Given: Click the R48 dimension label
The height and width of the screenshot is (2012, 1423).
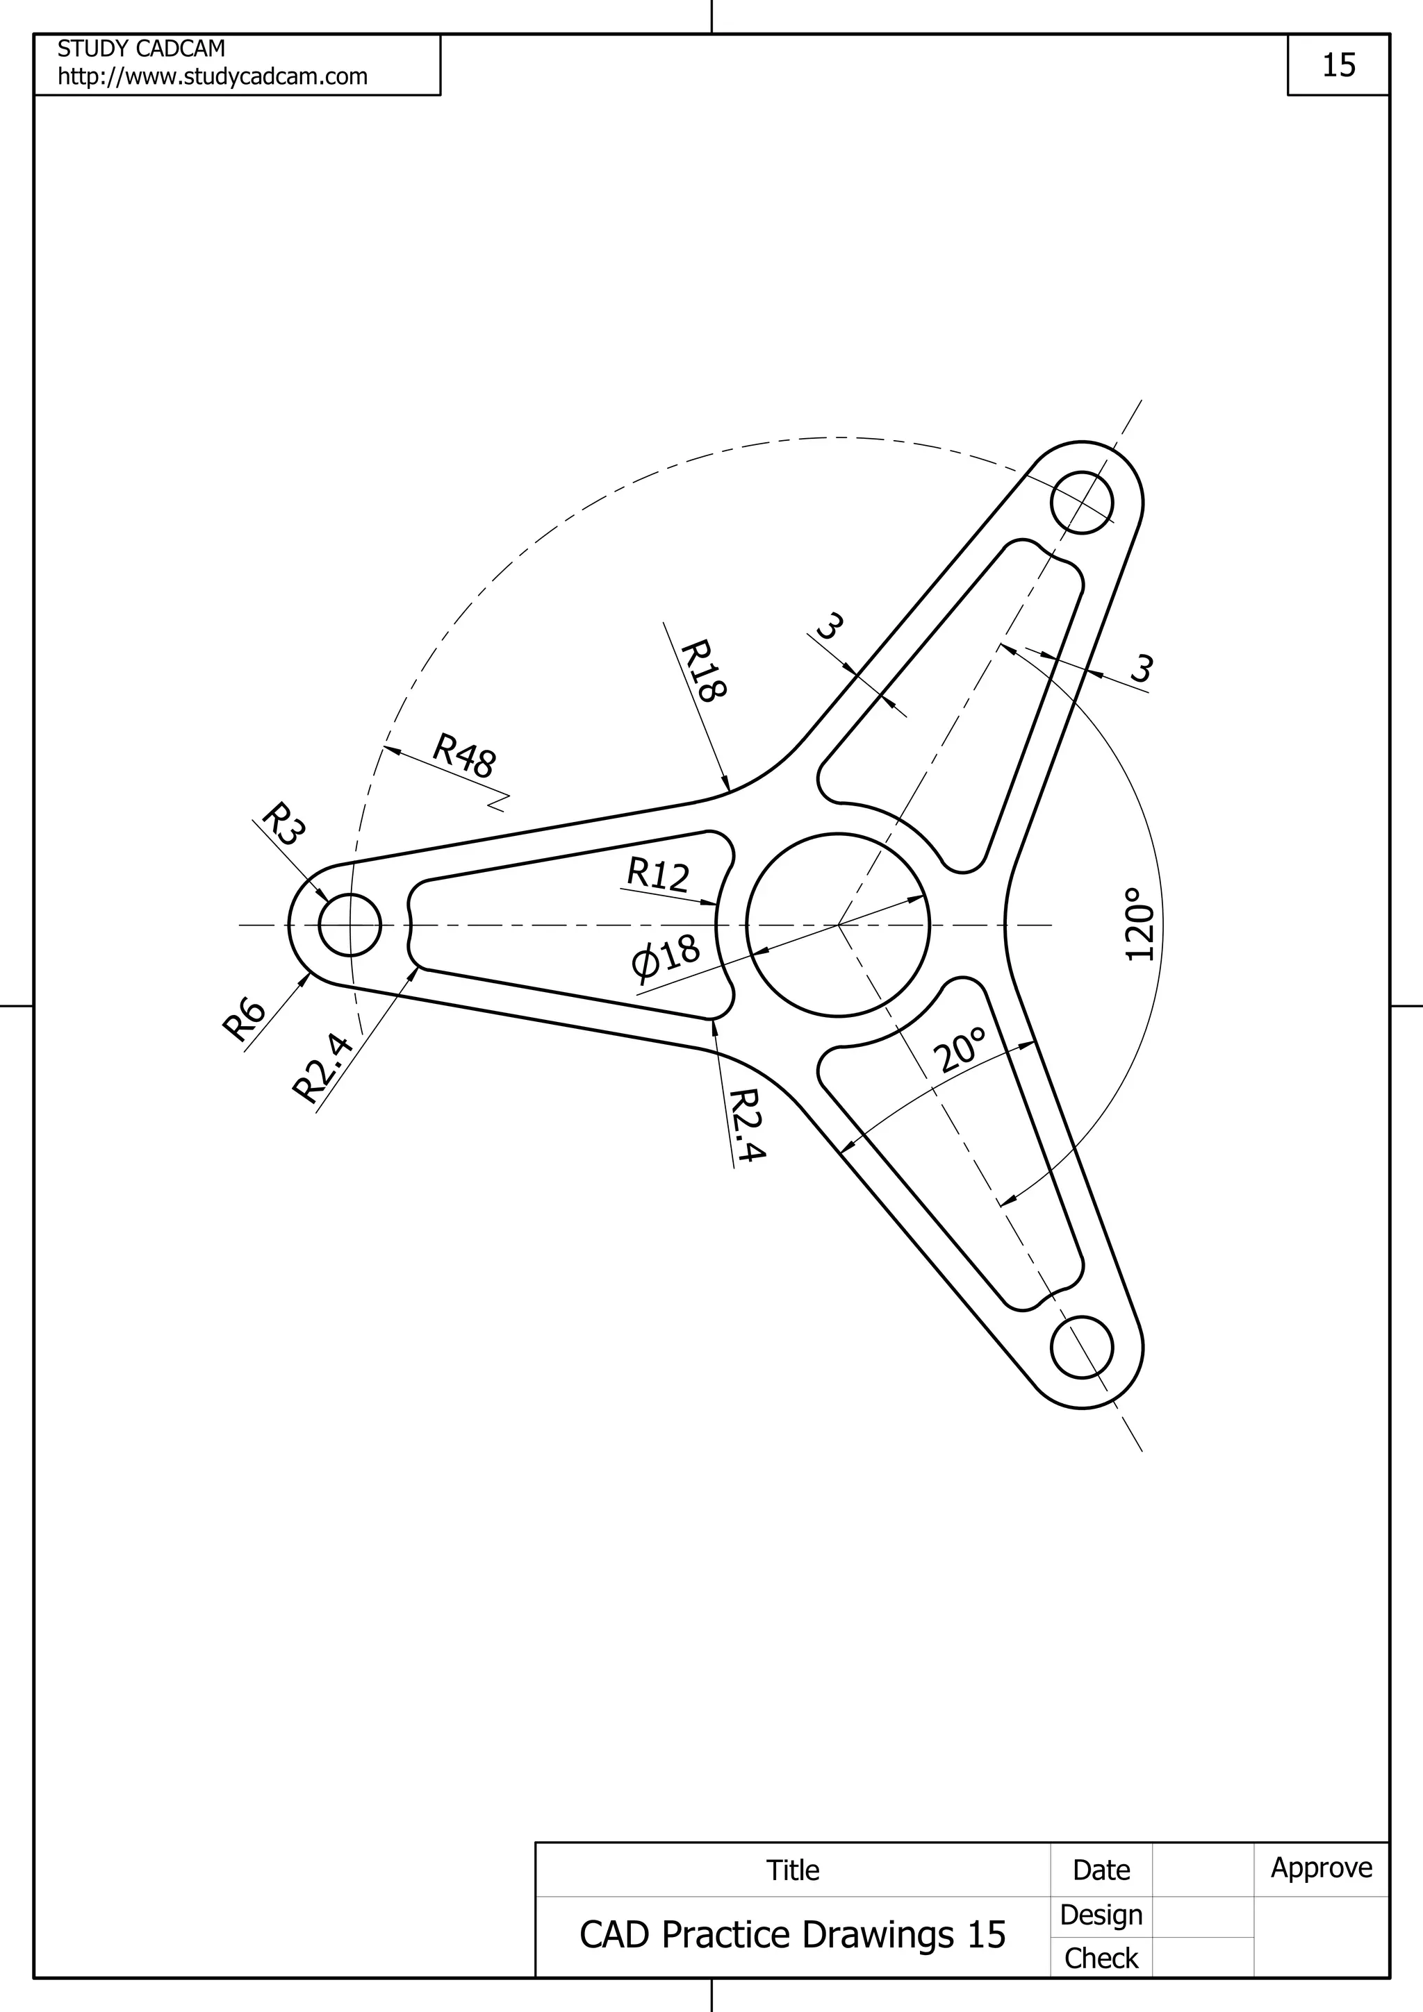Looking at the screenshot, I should pos(465,756).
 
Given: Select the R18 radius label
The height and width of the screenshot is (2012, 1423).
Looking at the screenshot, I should pos(703,671).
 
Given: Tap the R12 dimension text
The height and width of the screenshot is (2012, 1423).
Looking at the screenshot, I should pos(657,875).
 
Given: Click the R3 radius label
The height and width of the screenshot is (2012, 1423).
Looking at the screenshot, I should pos(283,823).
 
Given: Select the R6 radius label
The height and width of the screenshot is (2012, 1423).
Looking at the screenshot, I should pos(245,1019).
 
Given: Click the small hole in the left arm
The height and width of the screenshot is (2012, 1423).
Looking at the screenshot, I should pos(349,925).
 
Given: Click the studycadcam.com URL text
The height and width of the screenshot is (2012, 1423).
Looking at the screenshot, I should pos(212,77).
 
